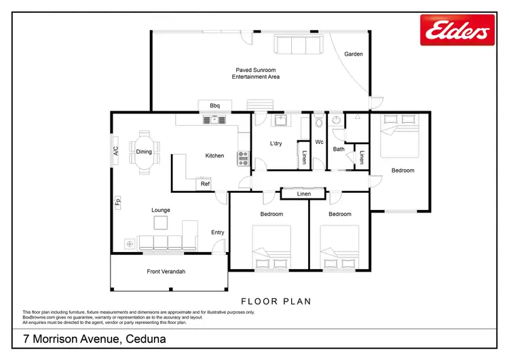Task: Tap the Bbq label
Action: tap(215, 105)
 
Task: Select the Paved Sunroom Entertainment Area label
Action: tap(258, 73)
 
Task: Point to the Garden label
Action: tap(354, 54)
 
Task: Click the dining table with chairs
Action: tap(145, 152)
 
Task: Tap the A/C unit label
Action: tap(115, 151)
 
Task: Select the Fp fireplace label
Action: tap(117, 202)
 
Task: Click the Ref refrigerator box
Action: tap(205, 183)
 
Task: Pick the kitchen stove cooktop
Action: tap(244, 158)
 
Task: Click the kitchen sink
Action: tap(215, 120)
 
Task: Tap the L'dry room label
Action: tap(276, 143)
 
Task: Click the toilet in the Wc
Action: tap(319, 123)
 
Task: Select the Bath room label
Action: tap(338, 149)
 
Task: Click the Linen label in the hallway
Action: tap(303, 194)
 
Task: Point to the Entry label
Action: tap(217, 232)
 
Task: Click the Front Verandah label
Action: tap(166, 272)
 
